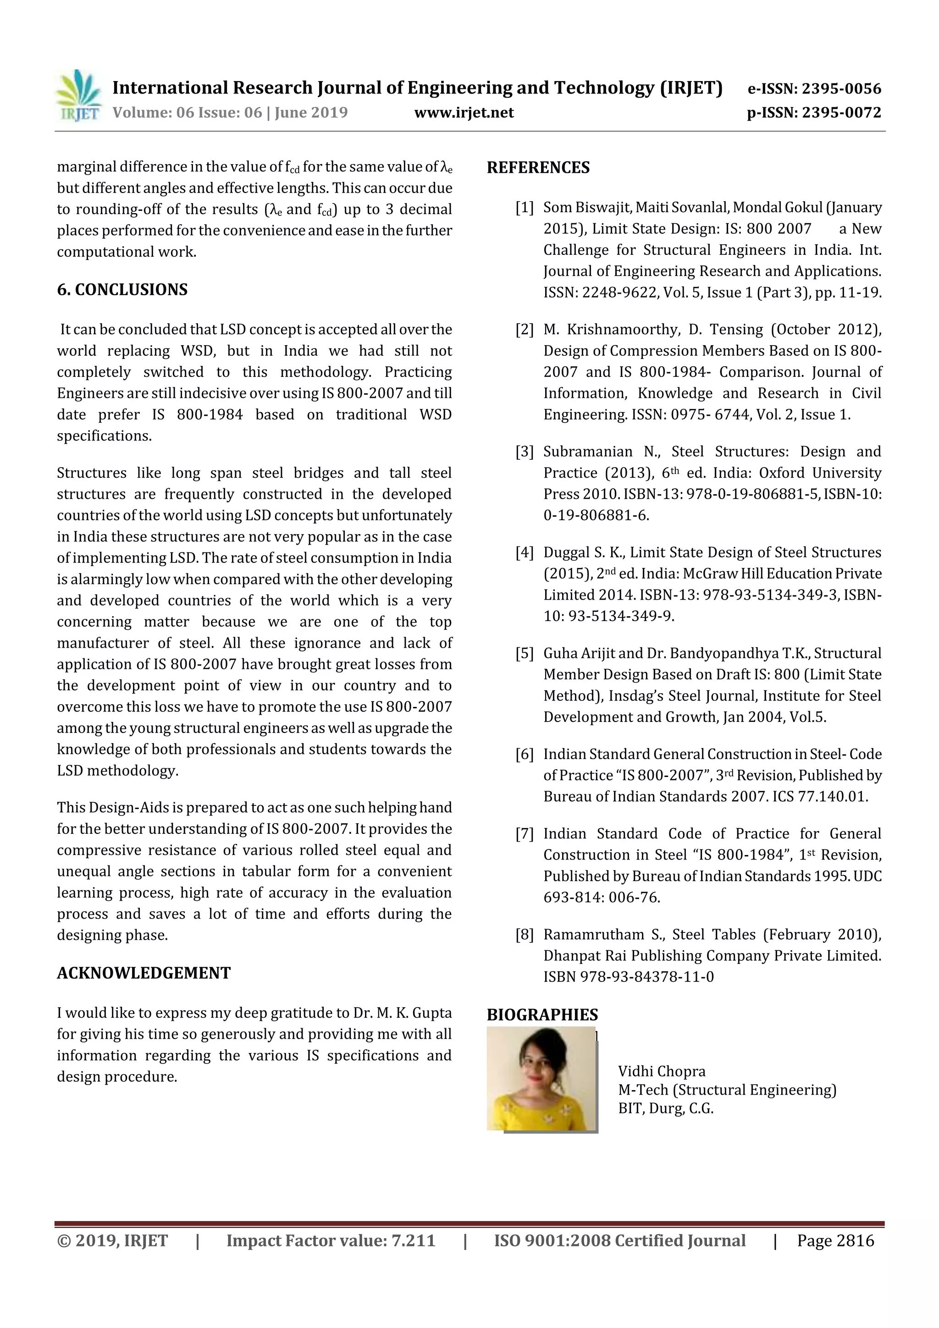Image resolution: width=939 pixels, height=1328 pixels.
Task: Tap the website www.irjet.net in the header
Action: coord(464,112)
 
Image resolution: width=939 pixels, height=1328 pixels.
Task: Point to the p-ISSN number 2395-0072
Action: coord(841,112)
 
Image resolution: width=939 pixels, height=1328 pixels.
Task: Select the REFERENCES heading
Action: coord(538,168)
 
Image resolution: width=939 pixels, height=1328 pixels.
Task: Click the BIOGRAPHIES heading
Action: coord(542,1014)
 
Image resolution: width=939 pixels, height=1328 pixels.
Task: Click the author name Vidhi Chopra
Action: coord(661,1071)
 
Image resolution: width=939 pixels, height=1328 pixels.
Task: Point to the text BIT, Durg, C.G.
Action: coord(665,1108)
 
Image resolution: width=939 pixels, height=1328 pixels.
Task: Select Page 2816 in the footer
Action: coord(835,1240)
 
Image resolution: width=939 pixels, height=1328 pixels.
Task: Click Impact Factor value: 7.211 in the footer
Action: coord(331,1240)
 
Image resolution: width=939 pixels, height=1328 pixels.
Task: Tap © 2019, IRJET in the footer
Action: coord(112,1240)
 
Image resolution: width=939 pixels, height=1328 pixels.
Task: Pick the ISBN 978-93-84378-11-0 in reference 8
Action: coord(628,977)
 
